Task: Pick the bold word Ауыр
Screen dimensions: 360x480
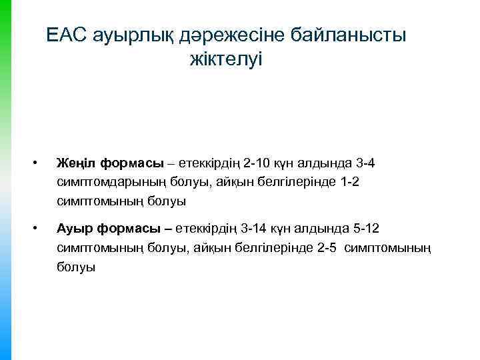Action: coord(75,230)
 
